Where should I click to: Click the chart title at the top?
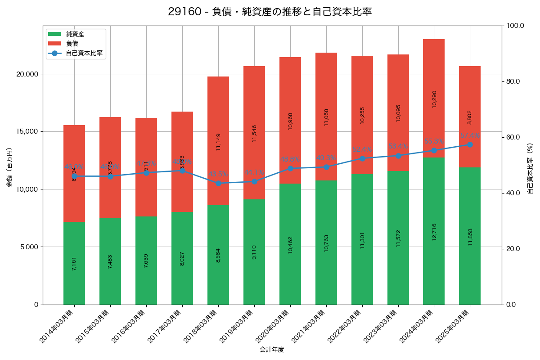point(270,12)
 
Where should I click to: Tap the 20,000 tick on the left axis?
point(27,74)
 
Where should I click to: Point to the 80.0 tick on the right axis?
point(513,81)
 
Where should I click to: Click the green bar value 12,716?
point(434,231)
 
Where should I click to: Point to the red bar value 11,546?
point(254,133)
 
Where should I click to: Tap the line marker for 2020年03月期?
point(290,168)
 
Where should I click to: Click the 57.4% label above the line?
point(470,135)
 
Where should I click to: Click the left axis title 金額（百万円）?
point(9,167)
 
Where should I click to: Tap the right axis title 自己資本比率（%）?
point(530,168)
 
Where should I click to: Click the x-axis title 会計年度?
point(272,350)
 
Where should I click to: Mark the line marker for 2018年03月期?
point(218,183)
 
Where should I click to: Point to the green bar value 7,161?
point(74,263)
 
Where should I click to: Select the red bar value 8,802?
point(470,117)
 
